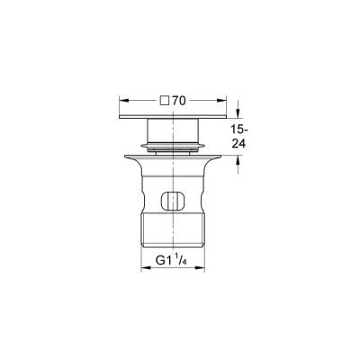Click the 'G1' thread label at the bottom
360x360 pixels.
162,261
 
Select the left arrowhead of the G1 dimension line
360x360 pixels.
145,267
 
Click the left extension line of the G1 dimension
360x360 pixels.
141,256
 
